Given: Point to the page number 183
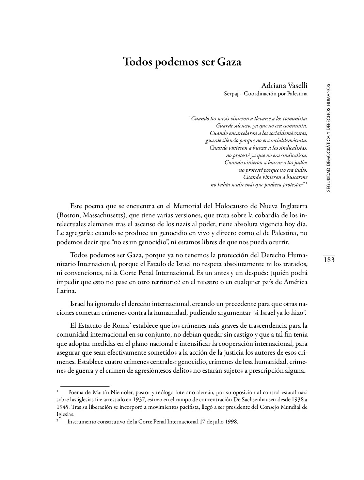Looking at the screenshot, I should (329, 260).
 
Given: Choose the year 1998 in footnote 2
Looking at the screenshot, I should (231, 422).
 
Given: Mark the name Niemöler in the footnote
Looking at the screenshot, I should (121, 392).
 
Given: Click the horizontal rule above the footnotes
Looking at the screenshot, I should (84, 387).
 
